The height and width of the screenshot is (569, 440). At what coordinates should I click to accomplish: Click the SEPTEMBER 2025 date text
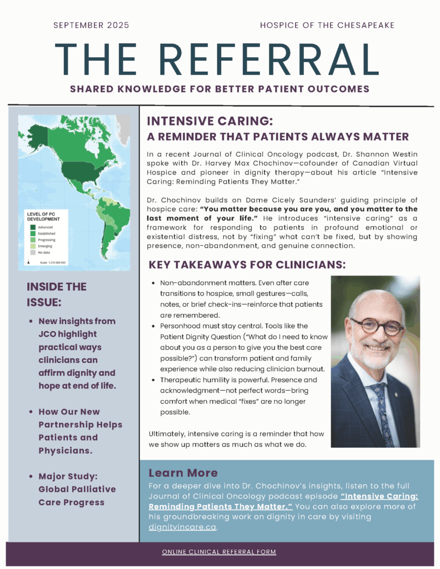click(x=91, y=25)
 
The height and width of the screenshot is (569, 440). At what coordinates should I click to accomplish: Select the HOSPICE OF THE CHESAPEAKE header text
click(x=327, y=25)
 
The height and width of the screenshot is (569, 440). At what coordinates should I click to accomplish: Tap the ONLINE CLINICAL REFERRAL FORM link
click(x=219, y=552)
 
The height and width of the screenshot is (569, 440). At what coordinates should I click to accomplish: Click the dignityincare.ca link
click(x=182, y=527)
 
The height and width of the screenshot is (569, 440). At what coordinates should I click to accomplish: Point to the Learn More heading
click(x=183, y=473)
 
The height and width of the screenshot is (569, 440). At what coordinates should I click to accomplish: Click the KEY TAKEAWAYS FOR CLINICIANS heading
click(x=247, y=265)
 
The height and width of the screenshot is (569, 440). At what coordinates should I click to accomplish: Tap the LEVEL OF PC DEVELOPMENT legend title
click(x=43, y=216)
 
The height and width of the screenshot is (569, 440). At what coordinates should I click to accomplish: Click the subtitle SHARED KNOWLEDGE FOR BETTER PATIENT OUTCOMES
click(x=220, y=89)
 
